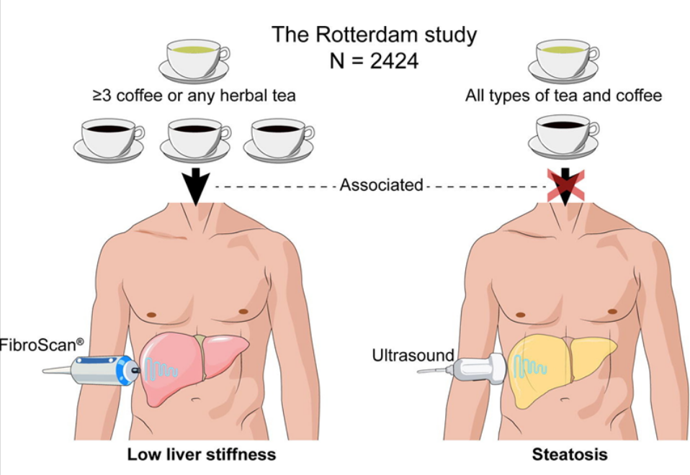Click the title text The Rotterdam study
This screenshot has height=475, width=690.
pos(374,34)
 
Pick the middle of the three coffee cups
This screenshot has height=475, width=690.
pos(194,138)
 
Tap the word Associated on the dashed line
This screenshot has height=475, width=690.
pos(381,185)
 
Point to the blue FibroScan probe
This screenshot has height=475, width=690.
pos(101,368)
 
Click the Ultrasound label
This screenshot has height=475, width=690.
pos(413,355)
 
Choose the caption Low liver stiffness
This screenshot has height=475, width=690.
pos(202,455)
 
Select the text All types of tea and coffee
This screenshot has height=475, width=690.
pos(563,96)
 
